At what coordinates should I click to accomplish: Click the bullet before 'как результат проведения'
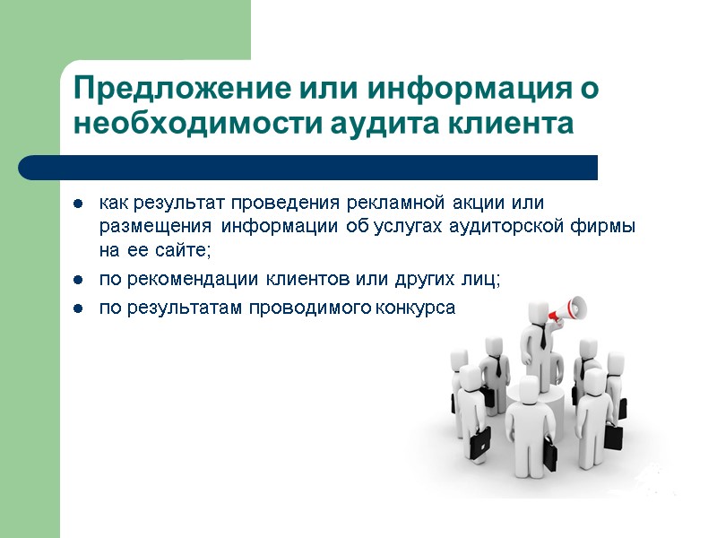(x=79, y=202)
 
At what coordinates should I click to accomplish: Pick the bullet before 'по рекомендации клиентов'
(x=79, y=281)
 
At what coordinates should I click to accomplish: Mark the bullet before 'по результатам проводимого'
(x=79, y=308)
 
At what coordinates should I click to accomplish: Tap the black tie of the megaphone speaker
(x=542, y=337)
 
